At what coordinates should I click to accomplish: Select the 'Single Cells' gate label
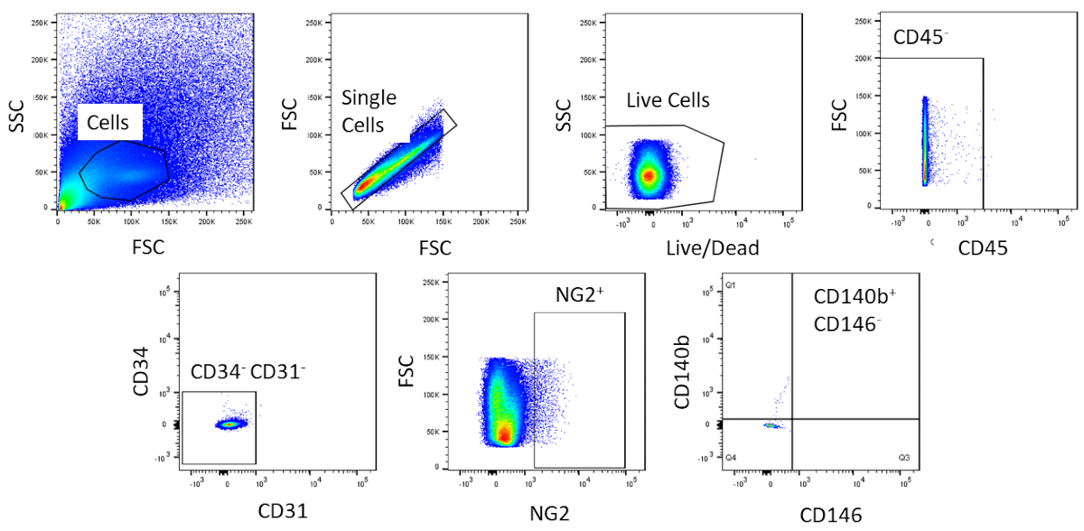coord(369,111)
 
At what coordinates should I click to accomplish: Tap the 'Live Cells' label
coord(668,100)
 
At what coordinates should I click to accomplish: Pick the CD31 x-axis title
coord(282,510)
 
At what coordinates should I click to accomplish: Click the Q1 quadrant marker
coord(731,285)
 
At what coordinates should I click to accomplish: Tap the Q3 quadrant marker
coord(903,458)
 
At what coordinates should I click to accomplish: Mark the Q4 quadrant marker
coord(731,458)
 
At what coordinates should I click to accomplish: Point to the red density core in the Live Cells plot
coord(648,175)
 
